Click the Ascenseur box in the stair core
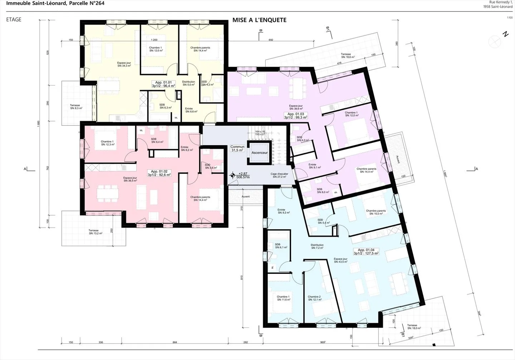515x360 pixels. point(260,153)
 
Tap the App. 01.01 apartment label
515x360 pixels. point(163,84)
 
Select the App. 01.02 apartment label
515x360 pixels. point(159,173)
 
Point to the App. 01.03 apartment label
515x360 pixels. point(296,115)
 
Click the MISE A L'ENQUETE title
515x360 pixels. point(259,20)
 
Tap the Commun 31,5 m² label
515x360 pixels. point(237,148)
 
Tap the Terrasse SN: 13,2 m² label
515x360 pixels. point(95,232)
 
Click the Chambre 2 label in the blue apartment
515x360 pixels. point(314,298)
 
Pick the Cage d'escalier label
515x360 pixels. point(279,175)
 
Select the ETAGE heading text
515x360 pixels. point(14,20)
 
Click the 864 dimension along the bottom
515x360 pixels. point(175,342)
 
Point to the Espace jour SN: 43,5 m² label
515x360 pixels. point(340,260)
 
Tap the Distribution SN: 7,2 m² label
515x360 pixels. point(317,246)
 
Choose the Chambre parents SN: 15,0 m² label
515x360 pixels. point(376,212)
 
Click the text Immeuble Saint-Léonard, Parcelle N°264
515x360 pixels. point(55,3)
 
